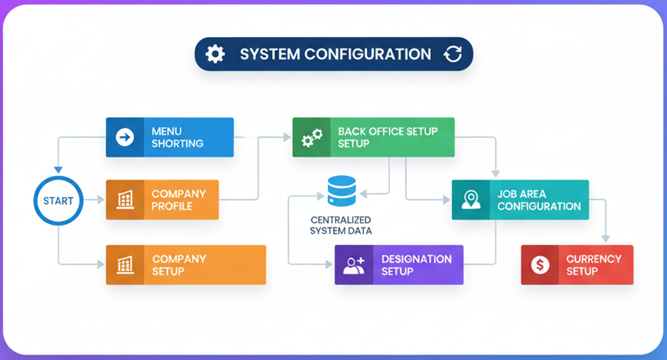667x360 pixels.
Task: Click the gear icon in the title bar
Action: coord(215,54)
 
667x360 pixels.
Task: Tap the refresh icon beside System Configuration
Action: coord(453,54)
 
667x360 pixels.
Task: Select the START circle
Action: coord(58,201)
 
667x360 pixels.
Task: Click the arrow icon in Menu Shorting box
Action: coord(125,137)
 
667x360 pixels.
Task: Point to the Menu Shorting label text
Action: coord(177,137)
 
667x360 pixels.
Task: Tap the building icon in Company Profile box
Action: coord(125,200)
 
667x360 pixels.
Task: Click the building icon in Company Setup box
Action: coord(125,265)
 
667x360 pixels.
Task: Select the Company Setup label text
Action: coord(179,265)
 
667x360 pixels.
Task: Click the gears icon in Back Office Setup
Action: coord(312,138)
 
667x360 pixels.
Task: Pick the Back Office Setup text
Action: coord(387,137)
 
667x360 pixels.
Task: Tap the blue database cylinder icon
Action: coord(342,191)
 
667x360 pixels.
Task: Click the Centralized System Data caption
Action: coord(341,225)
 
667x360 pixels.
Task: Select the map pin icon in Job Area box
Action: coord(471,200)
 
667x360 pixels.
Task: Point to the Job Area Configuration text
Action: coord(539,200)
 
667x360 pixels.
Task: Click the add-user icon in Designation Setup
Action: coord(354,265)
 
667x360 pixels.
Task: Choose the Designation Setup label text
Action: coord(416,265)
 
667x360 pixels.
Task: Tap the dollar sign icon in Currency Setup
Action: coord(541,265)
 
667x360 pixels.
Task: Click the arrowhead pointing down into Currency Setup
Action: coord(606,239)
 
